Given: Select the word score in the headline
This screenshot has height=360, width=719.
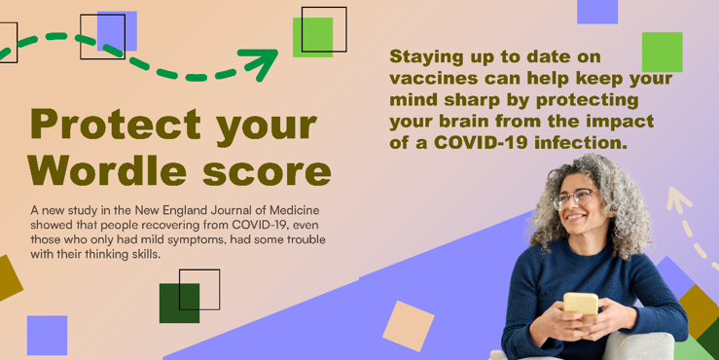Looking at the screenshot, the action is coord(267,173).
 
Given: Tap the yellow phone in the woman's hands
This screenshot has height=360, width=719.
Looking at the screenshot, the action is coord(581,304).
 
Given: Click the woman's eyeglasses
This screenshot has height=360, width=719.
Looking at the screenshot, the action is coord(574,198).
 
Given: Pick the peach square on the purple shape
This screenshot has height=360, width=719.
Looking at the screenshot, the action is coord(408,326).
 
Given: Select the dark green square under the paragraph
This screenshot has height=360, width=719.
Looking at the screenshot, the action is coord(179,304).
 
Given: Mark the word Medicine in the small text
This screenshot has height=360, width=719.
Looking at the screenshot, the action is coord(295,210).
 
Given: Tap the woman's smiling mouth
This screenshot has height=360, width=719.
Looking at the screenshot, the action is coord(574,217).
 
